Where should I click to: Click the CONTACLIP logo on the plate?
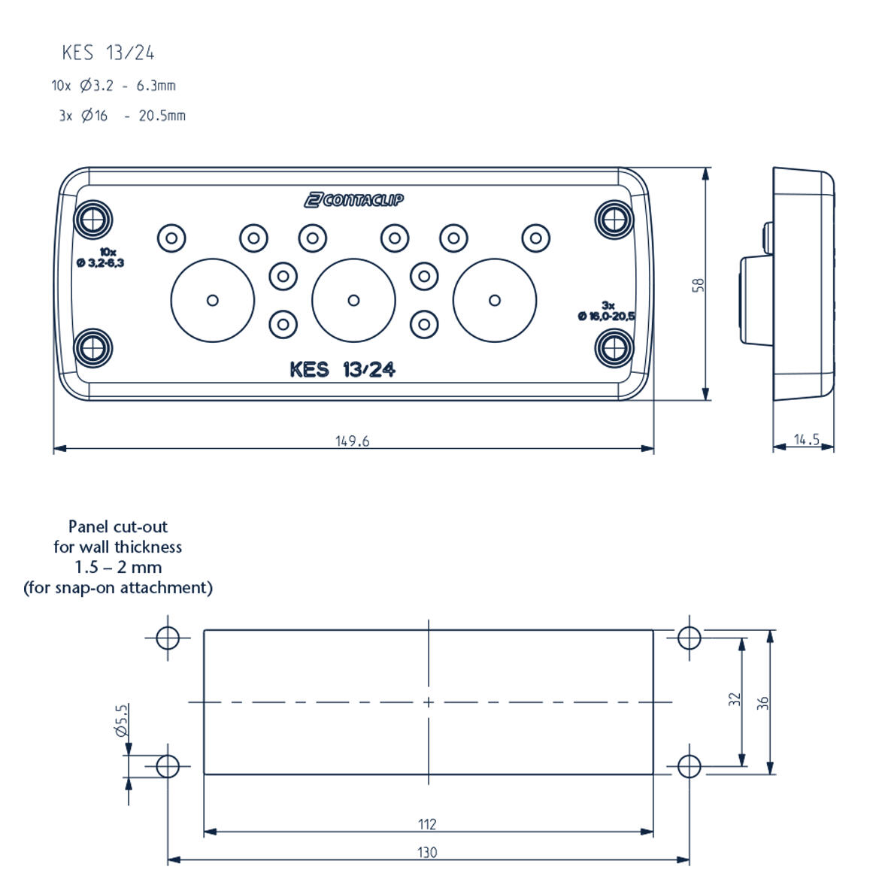(x=353, y=199)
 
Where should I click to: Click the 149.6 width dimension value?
(x=352, y=441)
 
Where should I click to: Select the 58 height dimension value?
(x=699, y=285)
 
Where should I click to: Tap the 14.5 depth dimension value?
(x=806, y=440)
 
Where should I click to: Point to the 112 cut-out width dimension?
(x=427, y=824)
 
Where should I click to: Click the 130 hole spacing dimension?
(x=427, y=853)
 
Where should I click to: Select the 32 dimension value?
(x=735, y=699)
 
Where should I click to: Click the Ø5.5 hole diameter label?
(x=121, y=720)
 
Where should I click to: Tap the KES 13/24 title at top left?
(x=108, y=53)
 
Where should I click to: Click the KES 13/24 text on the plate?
(x=342, y=370)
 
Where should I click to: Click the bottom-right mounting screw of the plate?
(x=614, y=348)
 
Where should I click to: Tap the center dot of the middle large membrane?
(x=353, y=301)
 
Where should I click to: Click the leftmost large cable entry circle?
(x=213, y=301)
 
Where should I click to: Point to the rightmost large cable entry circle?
(x=495, y=301)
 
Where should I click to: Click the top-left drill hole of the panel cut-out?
(x=167, y=638)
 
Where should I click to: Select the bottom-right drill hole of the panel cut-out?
(x=689, y=767)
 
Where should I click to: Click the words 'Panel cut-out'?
(x=118, y=527)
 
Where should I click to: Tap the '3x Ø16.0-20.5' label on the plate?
(x=606, y=311)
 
